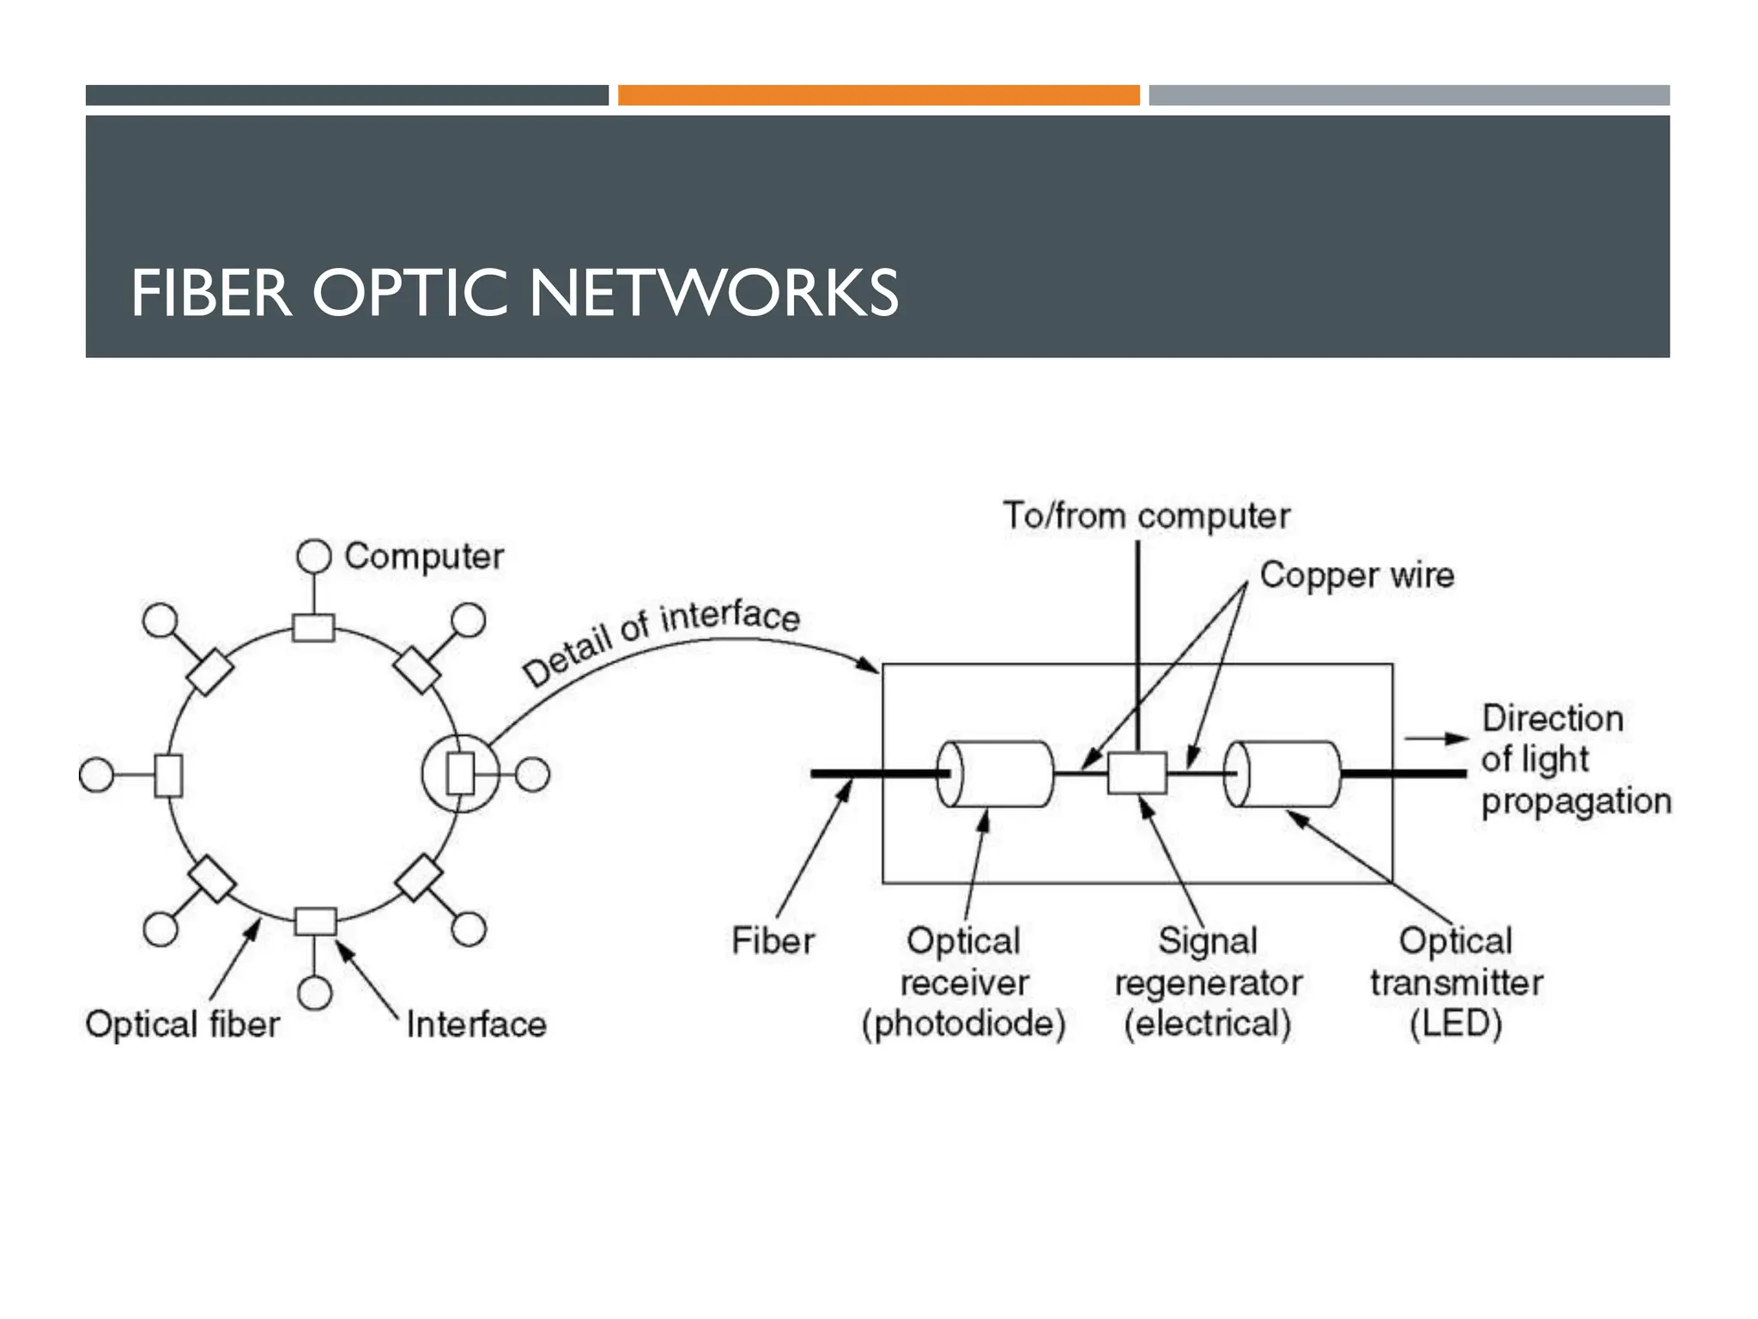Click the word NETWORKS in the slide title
tap(713, 294)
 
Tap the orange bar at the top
tap(878, 95)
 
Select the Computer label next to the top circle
tap(424, 556)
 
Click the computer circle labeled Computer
tap(314, 556)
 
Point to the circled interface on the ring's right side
tap(460, 774)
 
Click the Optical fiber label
tap(183, 1024)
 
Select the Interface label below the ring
tap(476, 1024)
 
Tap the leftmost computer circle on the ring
tap(96, 775)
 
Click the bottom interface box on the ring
tap(315, 921)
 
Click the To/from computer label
tap(1146, 516)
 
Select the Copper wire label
tap(1357, 575)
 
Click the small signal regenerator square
tap(1137, 773)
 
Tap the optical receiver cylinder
tap(996, 774)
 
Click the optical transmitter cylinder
tap(1283, 774)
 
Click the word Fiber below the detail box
tap(773, 941)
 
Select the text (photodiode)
tap(963, 1024)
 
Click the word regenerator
tap(1208, 983)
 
